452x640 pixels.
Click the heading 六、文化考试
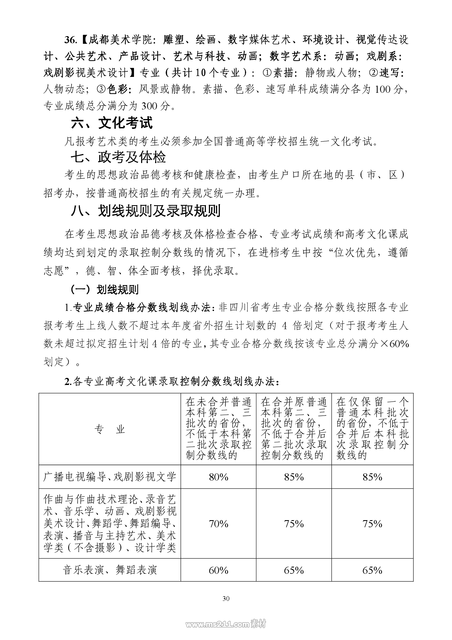112,123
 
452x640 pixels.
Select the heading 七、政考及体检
118,157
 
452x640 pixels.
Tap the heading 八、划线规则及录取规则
145,211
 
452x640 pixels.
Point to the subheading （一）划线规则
104,289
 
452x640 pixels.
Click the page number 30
226,598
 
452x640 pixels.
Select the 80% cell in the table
218,477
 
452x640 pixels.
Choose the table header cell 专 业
109,430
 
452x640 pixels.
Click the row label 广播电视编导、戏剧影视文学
109,477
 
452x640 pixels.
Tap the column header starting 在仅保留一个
372,429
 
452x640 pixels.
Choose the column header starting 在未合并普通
218,429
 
